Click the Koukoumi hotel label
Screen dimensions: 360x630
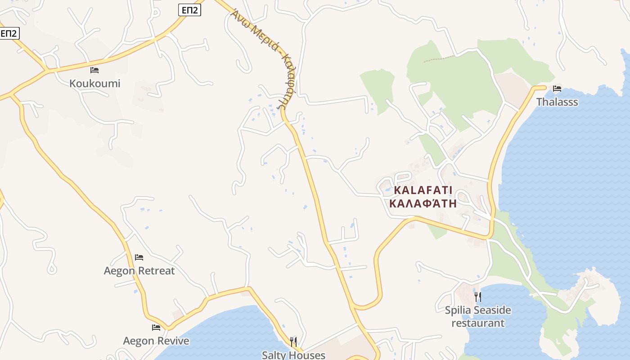(x=95, y=84)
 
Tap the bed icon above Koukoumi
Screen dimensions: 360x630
(x=94, y=70)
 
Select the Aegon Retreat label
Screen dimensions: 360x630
(x=139, y=271)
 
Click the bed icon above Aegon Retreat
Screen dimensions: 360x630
(x=139, y=257)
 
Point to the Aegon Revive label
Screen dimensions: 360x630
(x=156, y=341)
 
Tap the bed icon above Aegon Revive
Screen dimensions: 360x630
(x=156, y=328)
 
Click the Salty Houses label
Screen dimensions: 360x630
(x=293, y=355)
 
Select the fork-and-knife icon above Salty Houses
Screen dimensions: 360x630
(x=293, y=342)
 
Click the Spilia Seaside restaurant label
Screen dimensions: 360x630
(x=478, y=310)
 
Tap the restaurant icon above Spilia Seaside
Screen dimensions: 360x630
(x=478, y=297)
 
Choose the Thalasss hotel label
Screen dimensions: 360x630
(x=557, y=102)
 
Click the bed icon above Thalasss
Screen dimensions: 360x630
(x=557, y=89)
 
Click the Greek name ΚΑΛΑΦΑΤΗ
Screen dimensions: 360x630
(x=423, y=203)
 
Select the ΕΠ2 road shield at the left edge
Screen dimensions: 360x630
(x=9, y=33)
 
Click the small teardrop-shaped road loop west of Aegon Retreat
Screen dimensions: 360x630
(x=52, y=269)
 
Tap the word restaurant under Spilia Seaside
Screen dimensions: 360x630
(x=478, y=323)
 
